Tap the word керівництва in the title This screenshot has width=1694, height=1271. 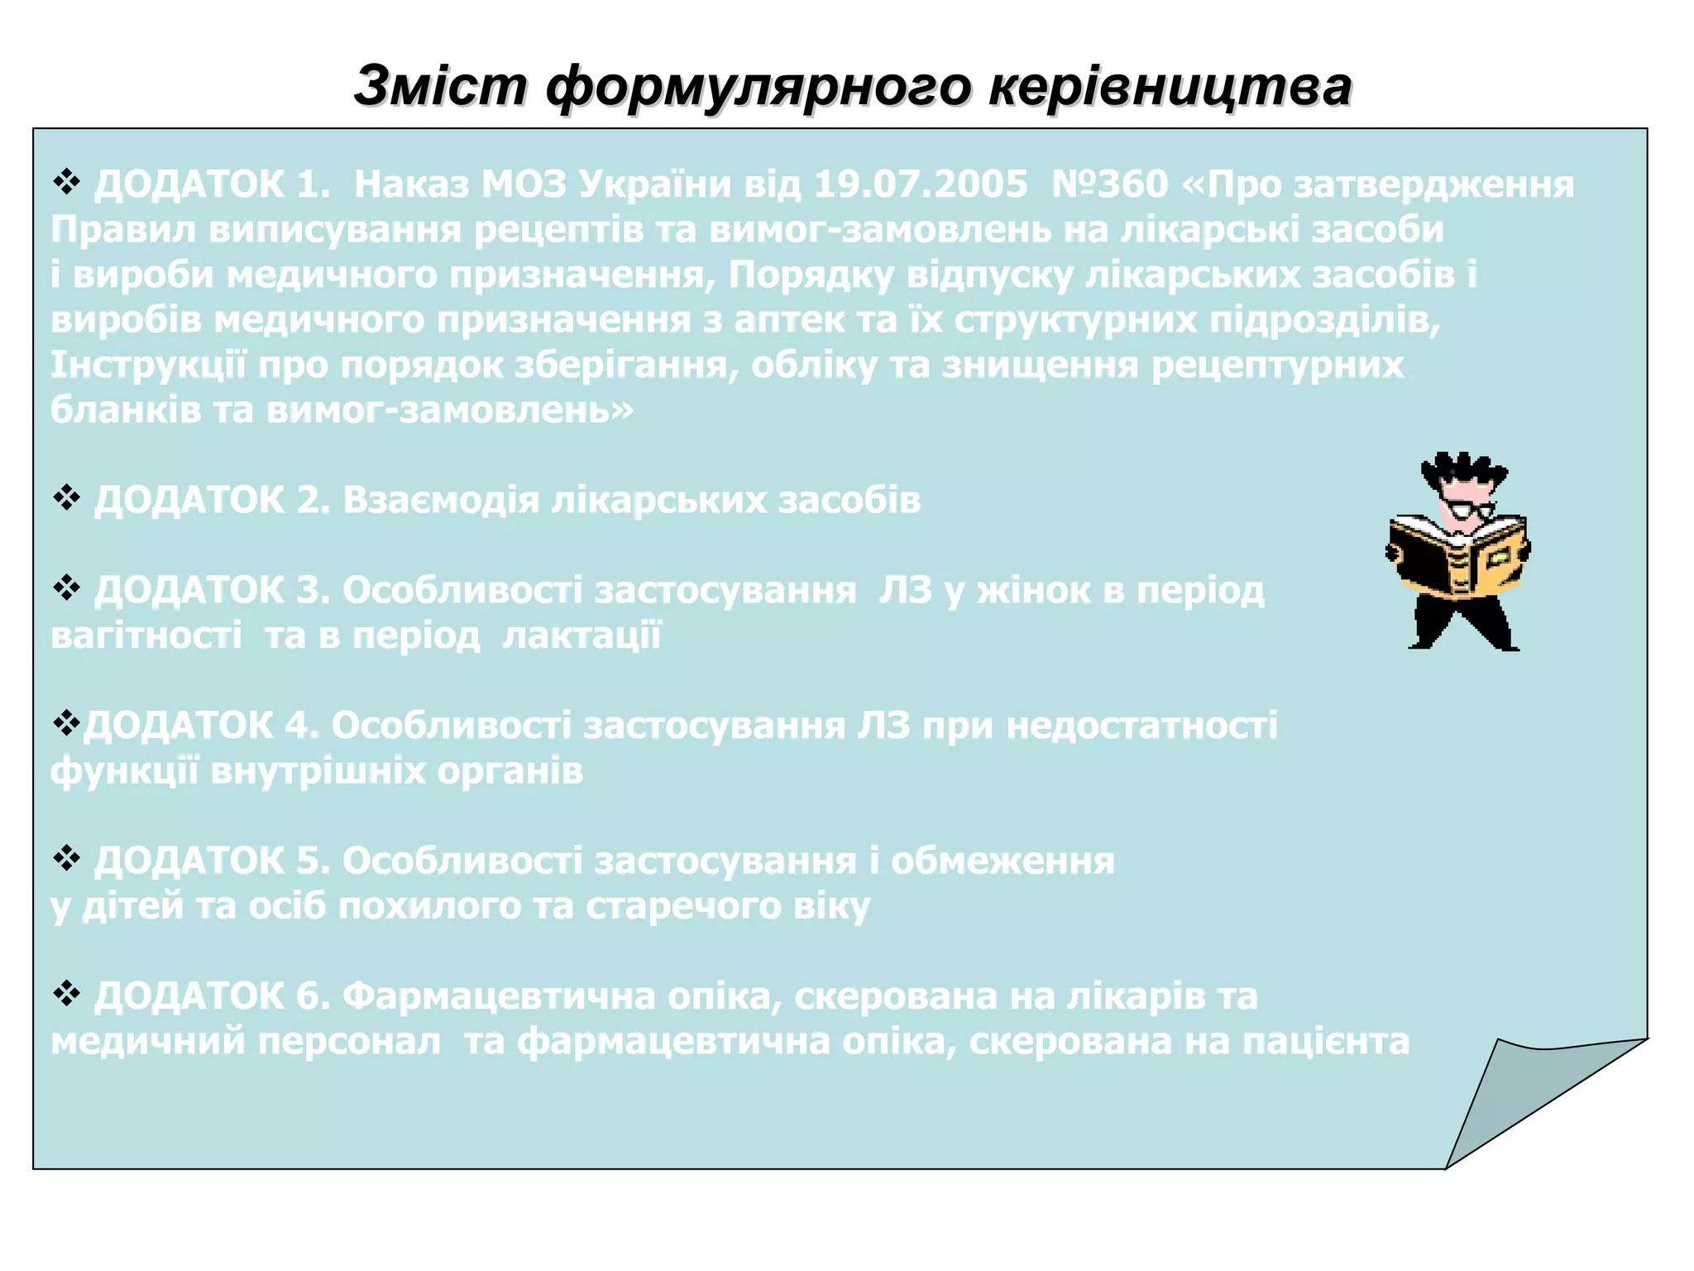click(x=1170, y=86)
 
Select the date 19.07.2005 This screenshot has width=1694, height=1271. click(x=921, y=185)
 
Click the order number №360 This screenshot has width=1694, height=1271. click(x=1109, y=185)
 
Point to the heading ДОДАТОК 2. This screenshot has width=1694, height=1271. click(x=212, y=501)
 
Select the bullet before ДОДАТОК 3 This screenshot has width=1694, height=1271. click(x=66, y=588)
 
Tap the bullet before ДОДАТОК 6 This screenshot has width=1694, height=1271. click(x=66, y=994)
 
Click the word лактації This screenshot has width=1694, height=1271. click(x=582, y=635)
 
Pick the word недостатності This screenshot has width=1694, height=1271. click(x=1142, y=726)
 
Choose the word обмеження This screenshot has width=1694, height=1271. click(x=1003, y=861)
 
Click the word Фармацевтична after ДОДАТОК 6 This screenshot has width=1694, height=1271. click(x=499, y=996)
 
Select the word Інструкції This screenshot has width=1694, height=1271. click(x=149, y=365)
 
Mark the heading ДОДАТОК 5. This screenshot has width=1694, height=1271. click(x=212, y=861)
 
